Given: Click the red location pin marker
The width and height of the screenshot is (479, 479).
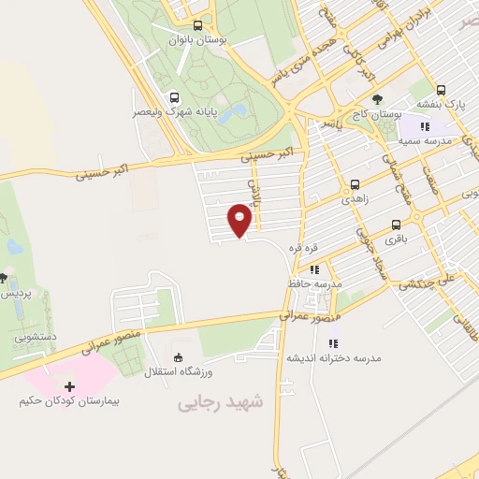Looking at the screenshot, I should (x=240, y=221).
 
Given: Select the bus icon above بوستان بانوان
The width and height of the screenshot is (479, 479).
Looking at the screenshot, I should (x=197, y=26).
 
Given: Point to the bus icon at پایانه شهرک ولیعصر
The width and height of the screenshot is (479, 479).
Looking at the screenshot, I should (x=175, y=96).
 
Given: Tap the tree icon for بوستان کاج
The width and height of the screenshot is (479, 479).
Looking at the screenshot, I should (x=377, y=98).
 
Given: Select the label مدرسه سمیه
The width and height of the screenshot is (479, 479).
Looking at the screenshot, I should (x=426, y=140).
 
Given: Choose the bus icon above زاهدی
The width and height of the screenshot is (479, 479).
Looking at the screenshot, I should (x=355, y=184).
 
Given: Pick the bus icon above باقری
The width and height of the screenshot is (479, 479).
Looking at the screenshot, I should (x=397, y=225).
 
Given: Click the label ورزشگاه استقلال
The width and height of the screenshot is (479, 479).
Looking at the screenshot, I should (x=178, y=372).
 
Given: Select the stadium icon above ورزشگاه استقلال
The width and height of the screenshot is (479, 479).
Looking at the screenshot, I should (x=178, y=357).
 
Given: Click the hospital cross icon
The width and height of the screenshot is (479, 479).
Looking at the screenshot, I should (x=70, y=385).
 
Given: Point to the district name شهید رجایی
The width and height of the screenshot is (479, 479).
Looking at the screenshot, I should (x=221, y=402).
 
